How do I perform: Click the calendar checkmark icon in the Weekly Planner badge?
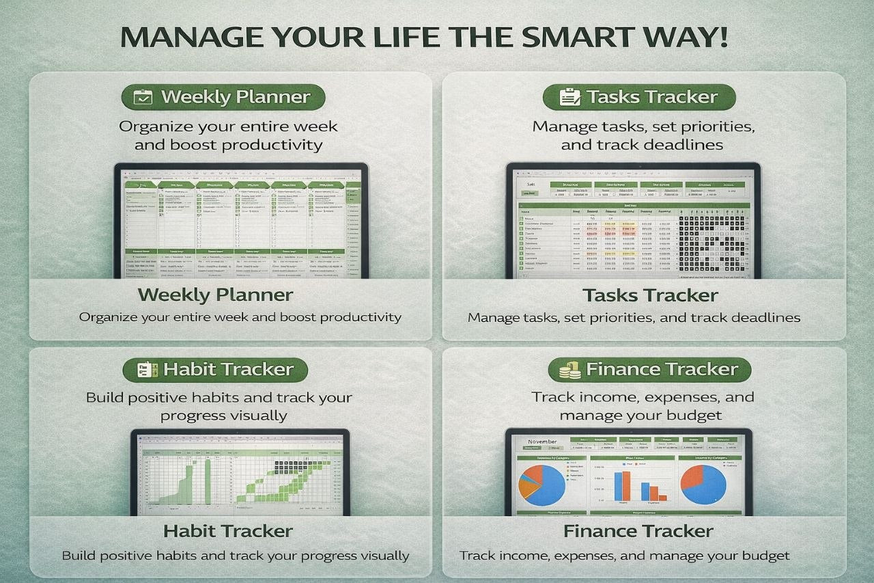[143, 97]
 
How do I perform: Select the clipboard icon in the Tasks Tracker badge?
[568, 97]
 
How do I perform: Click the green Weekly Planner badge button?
[223, 97]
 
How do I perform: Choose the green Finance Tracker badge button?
[649, 370]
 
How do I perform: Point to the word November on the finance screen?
[542, 442]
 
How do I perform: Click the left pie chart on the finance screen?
[542, 483]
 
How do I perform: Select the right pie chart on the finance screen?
[703, 483]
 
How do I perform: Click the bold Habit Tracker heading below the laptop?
[228, 531]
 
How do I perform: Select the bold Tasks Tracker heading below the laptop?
[649, 295]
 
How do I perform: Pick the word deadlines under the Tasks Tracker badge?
[685, 145]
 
